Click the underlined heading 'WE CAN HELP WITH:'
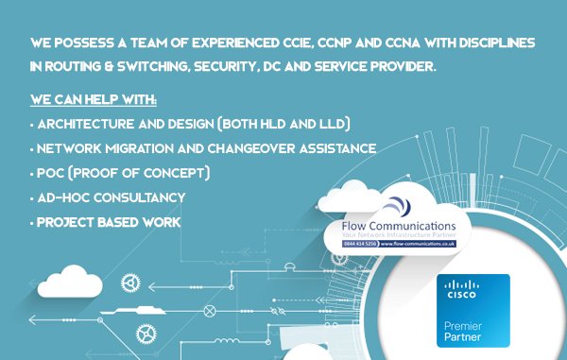94,99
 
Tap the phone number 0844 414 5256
362,243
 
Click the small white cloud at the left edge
69,280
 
